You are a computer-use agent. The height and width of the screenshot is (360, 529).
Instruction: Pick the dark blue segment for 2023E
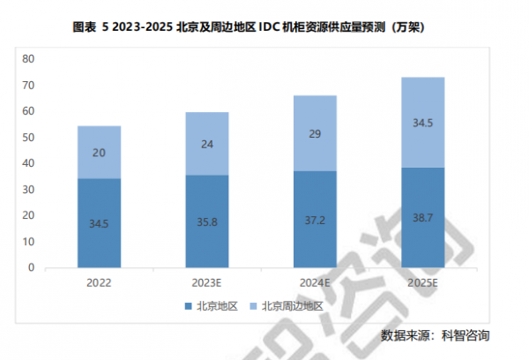pos(207,221)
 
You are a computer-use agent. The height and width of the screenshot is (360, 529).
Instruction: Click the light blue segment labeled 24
pos(207,143)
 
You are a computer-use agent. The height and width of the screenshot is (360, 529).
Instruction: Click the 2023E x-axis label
pos(207,283)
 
